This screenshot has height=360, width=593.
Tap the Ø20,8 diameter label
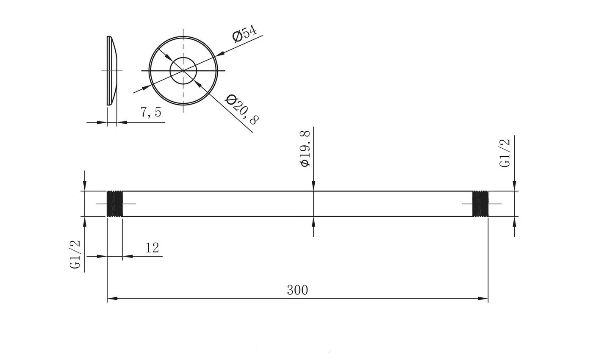(x=242, y=109)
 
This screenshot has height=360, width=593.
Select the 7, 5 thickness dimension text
(x=151, y=112)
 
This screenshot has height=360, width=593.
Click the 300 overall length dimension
(x=297, y=290)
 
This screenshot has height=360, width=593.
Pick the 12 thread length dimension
(x=152, y=248)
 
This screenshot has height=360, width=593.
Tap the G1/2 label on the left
(x=75, y=254)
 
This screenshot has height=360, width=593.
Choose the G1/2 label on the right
(x=505, y=153)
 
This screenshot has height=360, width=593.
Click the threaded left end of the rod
(x=114, y=204)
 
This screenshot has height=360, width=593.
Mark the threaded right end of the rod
(x=480, y=204)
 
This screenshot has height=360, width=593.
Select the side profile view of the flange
(x=112, y=71)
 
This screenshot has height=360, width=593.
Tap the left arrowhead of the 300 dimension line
(x=111, y=299)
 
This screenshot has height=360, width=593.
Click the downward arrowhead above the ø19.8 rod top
(x=313, y=186)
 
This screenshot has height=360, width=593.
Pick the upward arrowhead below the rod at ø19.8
(x=313, y=222)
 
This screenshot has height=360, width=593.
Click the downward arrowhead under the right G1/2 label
(x=514, y=186)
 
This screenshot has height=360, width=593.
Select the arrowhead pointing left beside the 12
(x=127, y=256)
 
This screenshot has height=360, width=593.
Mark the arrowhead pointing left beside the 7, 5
(x=122, y=122)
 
